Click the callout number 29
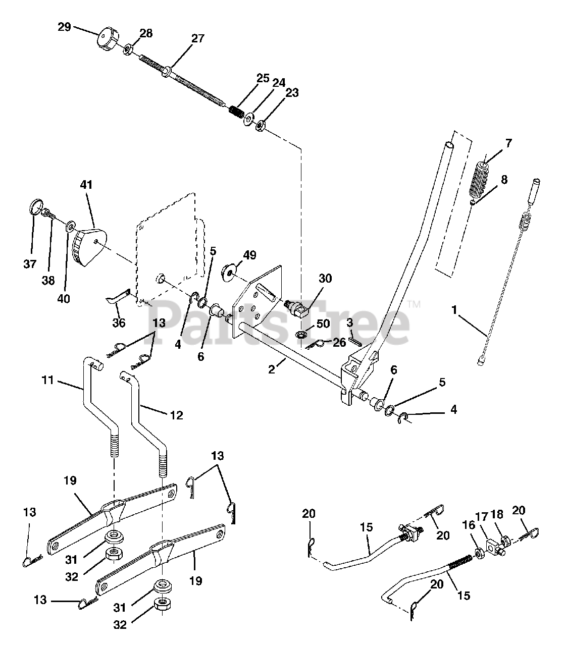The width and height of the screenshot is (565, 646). point(64,27)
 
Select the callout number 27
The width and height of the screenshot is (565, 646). point(198,38)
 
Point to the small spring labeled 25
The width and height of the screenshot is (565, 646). point(236,111)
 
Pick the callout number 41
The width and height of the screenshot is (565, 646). point(86,185)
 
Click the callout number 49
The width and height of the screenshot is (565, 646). point(249,255)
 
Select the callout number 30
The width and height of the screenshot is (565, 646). point(325,279)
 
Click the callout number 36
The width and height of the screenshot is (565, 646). point(119,322)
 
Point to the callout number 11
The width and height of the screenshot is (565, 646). point(47,380)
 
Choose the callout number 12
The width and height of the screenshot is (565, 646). point(177,415)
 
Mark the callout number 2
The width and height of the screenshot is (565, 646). point(272,369)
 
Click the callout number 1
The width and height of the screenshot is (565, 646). point(454,310)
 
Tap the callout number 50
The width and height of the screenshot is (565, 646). point(323,324)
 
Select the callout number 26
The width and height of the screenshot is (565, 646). point(339,342)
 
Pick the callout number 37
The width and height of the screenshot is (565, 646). point(30,263)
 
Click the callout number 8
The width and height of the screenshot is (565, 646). point(504,180)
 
